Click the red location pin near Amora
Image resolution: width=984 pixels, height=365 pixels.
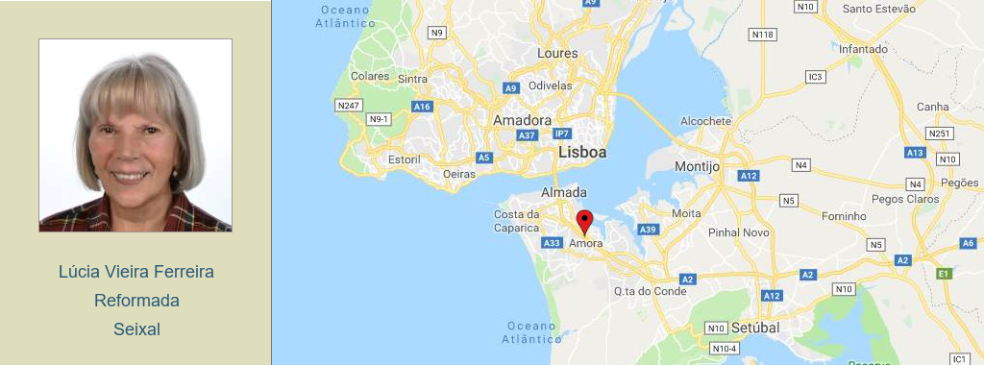point(584,221)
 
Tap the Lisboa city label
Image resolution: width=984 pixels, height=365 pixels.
point(582,153)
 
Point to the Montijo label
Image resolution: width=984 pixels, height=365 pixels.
point(697,166)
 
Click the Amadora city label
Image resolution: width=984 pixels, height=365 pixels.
point(522,120)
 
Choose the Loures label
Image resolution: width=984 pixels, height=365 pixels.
point(557,53)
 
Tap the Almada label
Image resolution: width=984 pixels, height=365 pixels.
point(564,192)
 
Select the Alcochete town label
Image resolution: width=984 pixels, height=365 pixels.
point(705,121)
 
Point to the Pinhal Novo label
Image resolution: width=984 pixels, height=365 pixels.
point(738,232)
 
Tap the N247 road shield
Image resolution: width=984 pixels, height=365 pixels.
point(347,105)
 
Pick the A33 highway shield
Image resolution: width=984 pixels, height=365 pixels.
point(552,243)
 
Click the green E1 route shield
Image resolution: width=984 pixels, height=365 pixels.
point(944,274)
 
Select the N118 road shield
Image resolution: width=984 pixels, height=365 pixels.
point(762,35)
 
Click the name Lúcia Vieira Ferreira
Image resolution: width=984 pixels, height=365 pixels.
point(136,272)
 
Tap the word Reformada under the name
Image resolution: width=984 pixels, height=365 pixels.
point(136,301)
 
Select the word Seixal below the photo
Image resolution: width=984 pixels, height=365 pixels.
point(136,329)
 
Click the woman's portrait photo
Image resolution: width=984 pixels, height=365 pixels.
point(135,135)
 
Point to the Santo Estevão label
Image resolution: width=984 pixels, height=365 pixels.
point(878,9)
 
